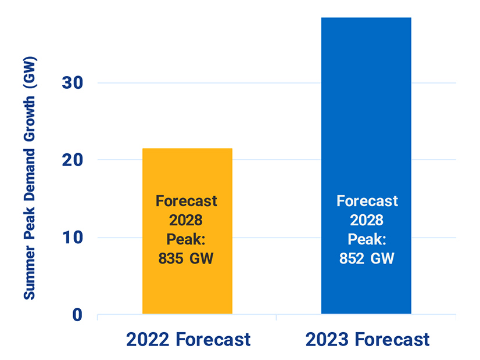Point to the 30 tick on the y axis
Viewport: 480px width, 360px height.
72,83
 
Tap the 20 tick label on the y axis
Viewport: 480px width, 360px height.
72,160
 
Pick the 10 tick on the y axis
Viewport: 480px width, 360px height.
72,237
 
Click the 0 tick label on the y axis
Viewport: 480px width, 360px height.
78,315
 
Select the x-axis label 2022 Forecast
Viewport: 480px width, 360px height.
188,339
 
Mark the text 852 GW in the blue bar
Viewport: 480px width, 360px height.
367,258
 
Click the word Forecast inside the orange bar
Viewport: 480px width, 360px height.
187,201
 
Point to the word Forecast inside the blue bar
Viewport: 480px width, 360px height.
367,201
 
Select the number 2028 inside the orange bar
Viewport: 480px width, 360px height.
187,221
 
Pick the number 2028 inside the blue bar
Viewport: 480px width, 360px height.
367,220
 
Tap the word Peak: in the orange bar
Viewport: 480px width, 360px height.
187,240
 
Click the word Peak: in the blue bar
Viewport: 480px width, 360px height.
367,239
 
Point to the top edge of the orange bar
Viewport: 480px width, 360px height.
187,149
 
